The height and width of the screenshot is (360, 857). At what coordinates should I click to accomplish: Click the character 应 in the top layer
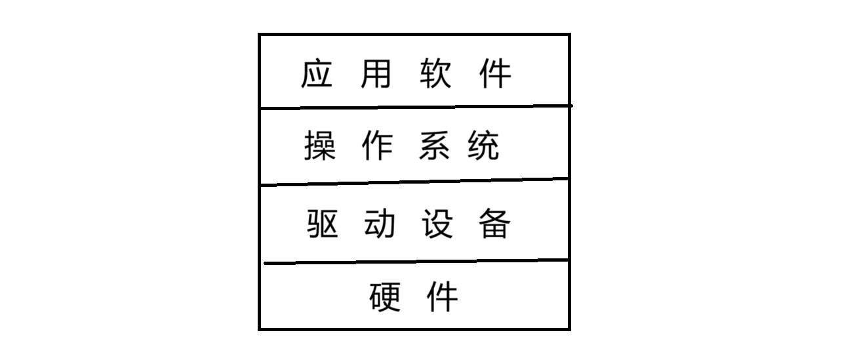[317, 73]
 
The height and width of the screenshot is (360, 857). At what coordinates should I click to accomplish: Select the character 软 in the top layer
[434, 73]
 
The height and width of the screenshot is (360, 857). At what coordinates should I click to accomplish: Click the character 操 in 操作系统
[319, 146]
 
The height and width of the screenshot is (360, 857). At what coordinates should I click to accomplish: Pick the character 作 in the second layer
[377, 146]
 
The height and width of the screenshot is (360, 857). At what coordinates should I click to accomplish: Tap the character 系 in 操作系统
[433, 146]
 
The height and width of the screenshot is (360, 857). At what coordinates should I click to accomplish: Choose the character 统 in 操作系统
[484, 146]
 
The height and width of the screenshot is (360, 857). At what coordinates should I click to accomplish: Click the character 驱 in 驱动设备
[322, 224]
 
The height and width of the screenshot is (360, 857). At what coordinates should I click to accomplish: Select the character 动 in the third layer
[379, 224]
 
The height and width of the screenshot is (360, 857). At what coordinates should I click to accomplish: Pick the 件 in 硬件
[443, 297]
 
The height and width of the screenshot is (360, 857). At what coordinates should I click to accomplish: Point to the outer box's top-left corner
[260, 35]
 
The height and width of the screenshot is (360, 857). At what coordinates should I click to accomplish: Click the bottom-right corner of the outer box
[568, 329]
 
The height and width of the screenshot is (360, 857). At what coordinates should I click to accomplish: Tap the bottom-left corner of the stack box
[260, 329]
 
